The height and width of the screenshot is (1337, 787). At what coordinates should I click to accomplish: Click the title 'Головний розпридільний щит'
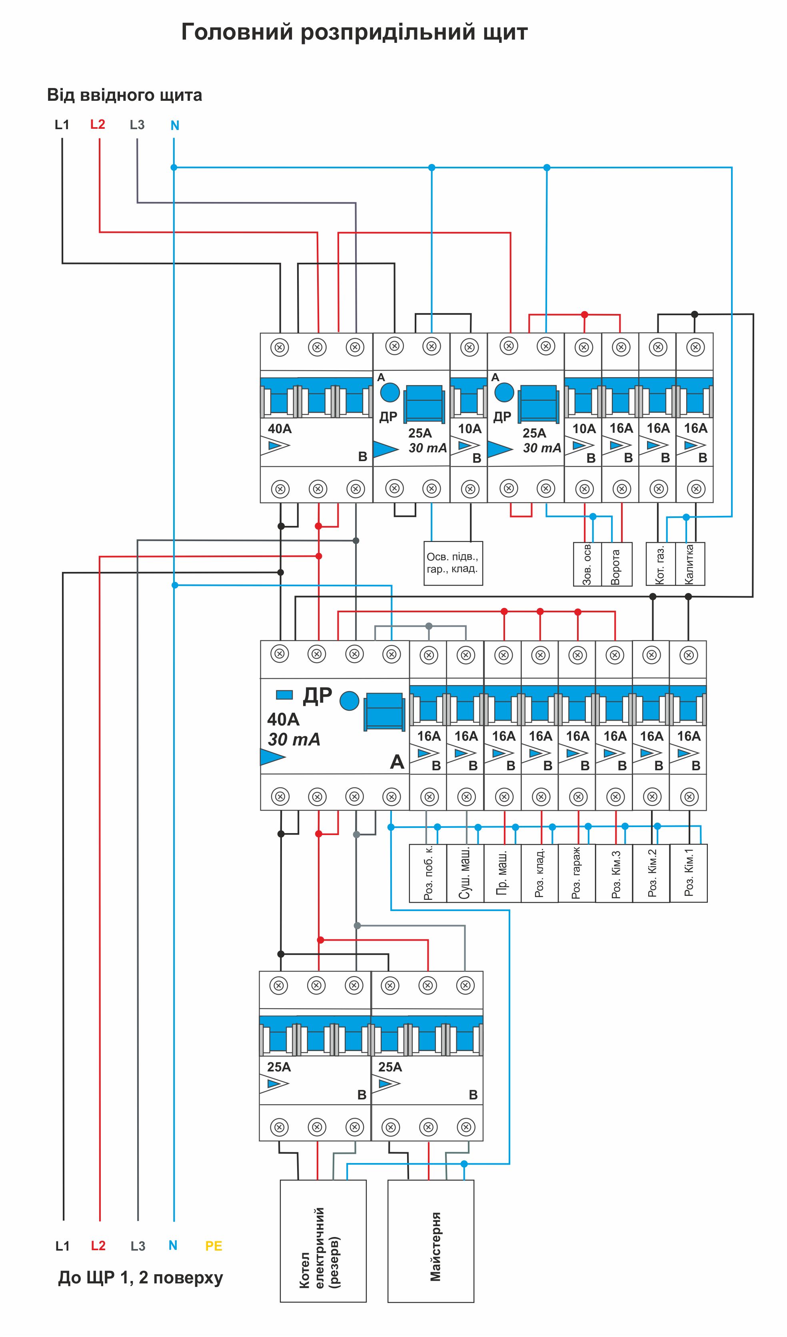[x=354, y=32]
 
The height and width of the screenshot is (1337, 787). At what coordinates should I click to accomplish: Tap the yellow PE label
[x=214, y=1246]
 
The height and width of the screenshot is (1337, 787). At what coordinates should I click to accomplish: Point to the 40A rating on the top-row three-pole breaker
[x=280, y=429]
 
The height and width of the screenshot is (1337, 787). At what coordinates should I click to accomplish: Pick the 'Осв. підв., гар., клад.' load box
[x=453, y=564]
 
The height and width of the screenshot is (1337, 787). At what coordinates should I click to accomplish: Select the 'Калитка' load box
[x=690, y=564]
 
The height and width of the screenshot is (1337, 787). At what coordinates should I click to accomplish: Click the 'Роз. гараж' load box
[x=577, y=873]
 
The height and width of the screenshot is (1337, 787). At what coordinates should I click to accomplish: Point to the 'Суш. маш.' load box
[x=465, y=873]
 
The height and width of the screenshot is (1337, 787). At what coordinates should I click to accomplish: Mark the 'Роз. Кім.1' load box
[x=688, y=873]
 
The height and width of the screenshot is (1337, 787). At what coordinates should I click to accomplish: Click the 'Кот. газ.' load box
[x=660, y=564]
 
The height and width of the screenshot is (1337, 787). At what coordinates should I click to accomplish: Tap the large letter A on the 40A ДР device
[x=397, y=762]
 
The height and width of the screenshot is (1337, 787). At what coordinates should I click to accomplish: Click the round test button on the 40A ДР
[x=349, y=700]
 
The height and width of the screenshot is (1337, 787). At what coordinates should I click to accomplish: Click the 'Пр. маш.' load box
[x=502, y=873]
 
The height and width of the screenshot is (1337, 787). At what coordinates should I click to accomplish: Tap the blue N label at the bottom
[x=173, y=1245]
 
